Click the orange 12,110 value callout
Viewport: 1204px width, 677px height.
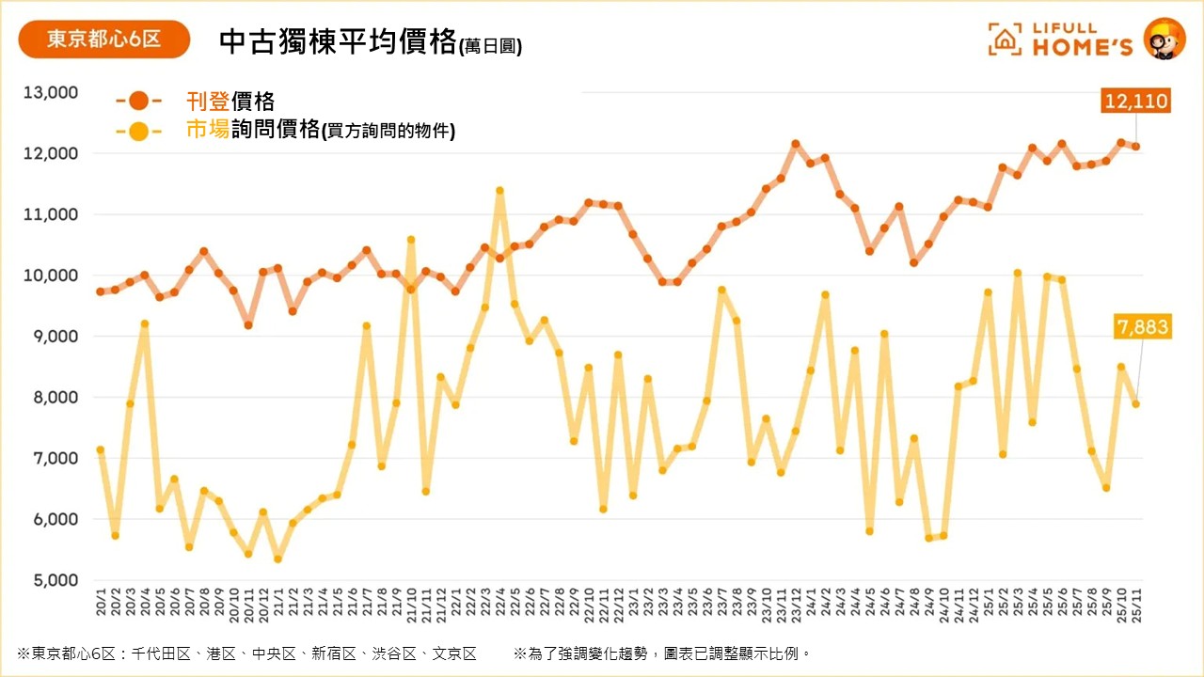coord(1137,101)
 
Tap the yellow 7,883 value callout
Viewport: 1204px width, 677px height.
coord(1143,327)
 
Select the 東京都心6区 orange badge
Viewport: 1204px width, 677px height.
coord(104,39)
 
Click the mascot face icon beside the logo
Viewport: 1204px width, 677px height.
coord(1164,39)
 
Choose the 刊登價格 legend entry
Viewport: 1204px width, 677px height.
coord(230,101)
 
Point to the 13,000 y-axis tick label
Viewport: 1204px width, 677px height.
coord(51,92)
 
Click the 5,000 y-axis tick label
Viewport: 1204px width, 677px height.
coord(55,580)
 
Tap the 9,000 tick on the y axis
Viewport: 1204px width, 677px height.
coord(55,337)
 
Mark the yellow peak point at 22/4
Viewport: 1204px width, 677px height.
coord(499,191)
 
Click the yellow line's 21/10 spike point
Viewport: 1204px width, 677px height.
coord(411,240)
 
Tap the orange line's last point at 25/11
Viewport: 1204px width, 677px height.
coord(1136,147)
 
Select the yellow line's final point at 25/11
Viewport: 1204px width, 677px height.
coord(1136,404)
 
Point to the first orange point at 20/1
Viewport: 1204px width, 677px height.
coord(101,291)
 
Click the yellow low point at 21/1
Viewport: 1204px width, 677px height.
coord(278,559)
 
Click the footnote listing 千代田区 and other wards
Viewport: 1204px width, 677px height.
coord(246,653)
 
